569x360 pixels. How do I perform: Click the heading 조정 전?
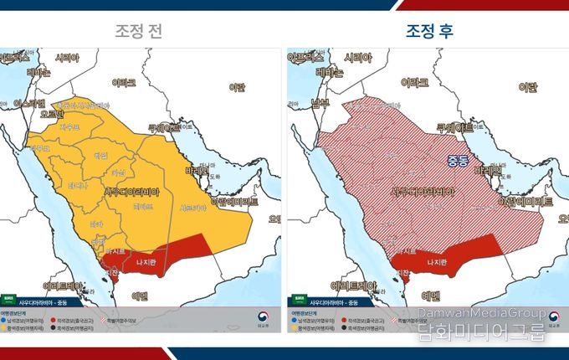(x=139, y=30)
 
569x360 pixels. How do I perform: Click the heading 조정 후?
(x=430, y=30)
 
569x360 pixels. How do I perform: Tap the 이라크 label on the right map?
(x=415, y=83)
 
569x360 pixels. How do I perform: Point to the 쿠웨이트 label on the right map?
(x=454, y=128)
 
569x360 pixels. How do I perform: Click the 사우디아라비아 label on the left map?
(x=137, y=191)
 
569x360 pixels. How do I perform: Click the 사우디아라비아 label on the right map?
(x=425, y=191)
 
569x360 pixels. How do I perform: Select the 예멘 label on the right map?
(x=431, y=296)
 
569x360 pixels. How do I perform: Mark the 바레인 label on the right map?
(x=486, y=169)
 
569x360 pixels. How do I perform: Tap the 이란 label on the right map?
(x=527, y=86)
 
